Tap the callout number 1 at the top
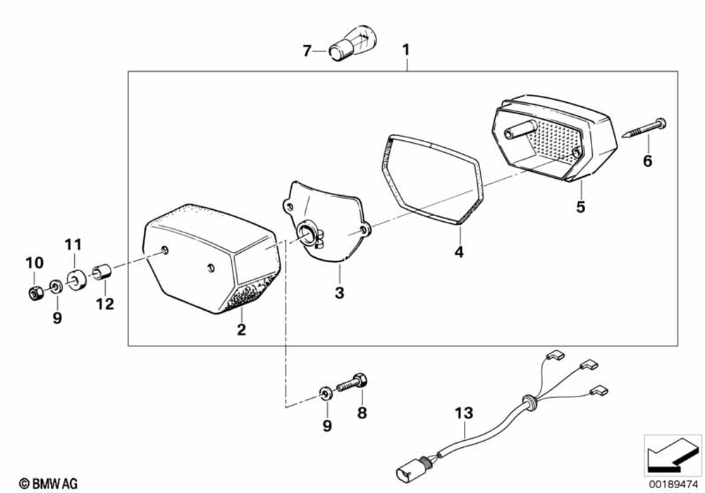point(405,50)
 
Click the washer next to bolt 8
point(325,392)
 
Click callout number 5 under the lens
point(580,207)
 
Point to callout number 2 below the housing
point(241,329)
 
